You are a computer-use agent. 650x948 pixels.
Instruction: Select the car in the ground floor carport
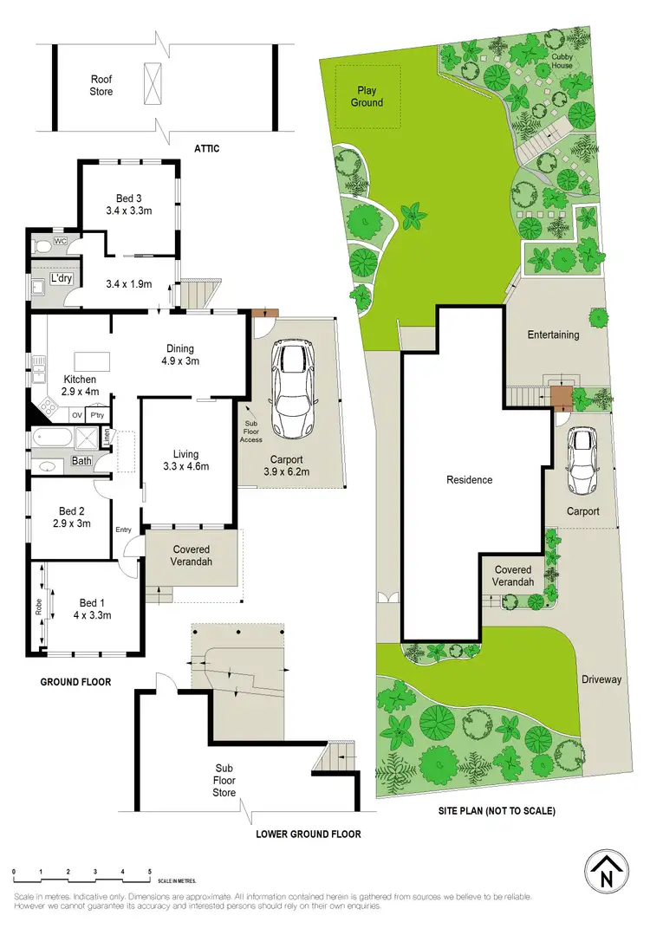pyautogui.click(x=290, y=389)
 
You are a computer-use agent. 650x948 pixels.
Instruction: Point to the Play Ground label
pyautogui.click(x=367, y=96)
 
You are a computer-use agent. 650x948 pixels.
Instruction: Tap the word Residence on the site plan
pyautogui.click(x=470, y=480)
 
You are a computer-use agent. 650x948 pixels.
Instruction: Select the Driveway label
pyautogui.click(x=601, y=679)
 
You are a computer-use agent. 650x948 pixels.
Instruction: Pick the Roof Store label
pyautogui.click(x=102, y=85)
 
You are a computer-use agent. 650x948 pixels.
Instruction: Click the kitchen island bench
pyautogui.click(x=88, y=360)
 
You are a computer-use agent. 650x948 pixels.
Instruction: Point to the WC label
pyautogui.click(x=60, y=241)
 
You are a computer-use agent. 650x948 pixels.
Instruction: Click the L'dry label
pyautogui.click(x=61, y=279)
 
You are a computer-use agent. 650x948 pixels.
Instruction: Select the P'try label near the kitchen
pyautogui.click(x=97, y=416)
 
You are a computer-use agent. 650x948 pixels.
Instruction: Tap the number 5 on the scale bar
pyautogui.click(x=150, y=871)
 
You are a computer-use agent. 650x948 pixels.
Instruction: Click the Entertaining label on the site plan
pyautogui.click(x=553, y=334)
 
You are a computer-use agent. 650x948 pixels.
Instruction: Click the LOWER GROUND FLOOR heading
pyautogui.click(x=308, y=834)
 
